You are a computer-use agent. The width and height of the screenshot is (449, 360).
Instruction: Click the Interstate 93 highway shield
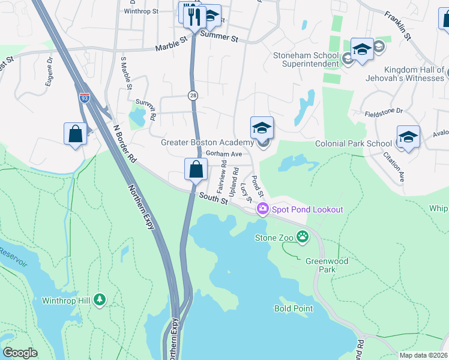[x=85, y=98]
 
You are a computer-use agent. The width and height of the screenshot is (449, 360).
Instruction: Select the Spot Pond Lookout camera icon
[x=262, y=209]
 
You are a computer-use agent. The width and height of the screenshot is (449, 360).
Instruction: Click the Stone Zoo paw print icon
[x=304, y=238]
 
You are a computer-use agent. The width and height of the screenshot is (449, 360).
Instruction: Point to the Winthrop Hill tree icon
[x=100, y=299]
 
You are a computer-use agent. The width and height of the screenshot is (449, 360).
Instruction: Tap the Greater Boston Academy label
[x=207, y=142]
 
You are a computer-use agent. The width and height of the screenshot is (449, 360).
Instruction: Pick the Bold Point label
[x=294, y=308]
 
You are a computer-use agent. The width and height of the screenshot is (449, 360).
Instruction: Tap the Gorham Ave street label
[x=224, y=154]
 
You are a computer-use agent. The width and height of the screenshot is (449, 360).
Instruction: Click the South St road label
[x=214, y=197]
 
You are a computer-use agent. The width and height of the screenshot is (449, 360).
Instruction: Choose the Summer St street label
[x=219, y=37]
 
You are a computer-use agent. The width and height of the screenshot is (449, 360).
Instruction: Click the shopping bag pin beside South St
[x=196, y=169]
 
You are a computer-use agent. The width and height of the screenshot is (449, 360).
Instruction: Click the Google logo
[x=20, y=353]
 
